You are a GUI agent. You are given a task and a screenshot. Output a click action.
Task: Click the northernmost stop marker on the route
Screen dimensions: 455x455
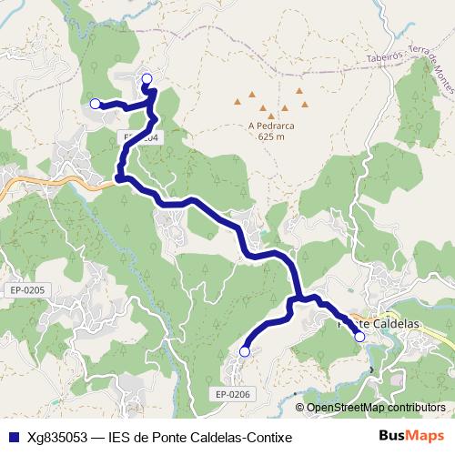[147, 78]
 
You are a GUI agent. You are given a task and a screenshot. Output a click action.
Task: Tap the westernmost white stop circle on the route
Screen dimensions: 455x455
[95, 104]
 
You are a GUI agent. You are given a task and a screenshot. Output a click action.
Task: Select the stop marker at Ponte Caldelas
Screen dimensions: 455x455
[359, 337]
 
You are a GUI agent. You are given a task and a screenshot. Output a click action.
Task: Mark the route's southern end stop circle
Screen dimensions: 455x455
[244, 351]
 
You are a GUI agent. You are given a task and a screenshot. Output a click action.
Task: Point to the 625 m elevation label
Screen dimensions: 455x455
[271, 137]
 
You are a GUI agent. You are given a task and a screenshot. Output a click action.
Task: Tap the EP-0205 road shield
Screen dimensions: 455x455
[28, 289]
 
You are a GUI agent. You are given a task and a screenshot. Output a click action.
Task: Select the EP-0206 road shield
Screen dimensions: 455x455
[233, 393]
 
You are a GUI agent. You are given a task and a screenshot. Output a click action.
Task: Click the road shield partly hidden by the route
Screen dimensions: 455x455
[141, 137]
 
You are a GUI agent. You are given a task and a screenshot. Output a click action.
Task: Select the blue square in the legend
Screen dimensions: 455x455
[13, 437]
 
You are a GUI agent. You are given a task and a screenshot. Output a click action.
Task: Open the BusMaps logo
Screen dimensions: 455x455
[410, 436]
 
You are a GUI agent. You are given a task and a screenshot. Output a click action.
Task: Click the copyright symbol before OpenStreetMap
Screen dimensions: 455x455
[300, 407]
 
